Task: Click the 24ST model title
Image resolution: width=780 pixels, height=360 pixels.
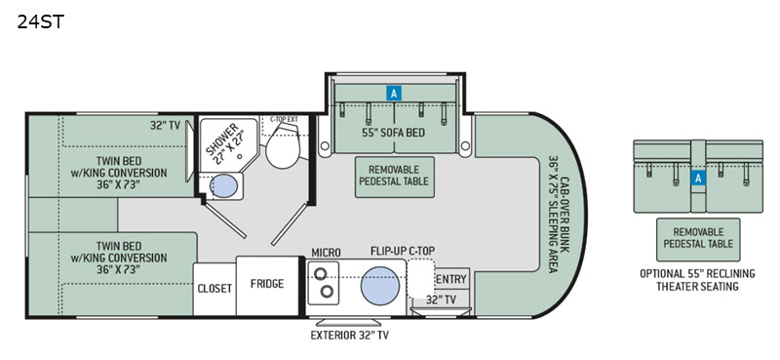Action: [41, 21]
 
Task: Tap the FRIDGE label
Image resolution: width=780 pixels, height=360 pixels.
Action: [267, 284]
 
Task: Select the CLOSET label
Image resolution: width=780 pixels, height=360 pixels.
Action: [214, 289]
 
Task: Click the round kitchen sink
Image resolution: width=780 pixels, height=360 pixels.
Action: [380, 285]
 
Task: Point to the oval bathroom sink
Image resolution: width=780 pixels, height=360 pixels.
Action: [224, 186]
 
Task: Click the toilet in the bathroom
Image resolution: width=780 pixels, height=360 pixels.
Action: [283, 145]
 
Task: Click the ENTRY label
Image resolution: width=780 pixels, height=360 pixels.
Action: [451, 279]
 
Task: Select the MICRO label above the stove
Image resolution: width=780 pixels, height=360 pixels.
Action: [326, 253]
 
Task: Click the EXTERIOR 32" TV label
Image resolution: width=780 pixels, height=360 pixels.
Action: [350, 335]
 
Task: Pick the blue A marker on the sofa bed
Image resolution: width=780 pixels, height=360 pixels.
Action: [394, 93]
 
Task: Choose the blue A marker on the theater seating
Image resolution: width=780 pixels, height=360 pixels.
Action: [698, 178]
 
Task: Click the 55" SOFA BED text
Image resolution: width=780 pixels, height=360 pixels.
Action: [395, 133]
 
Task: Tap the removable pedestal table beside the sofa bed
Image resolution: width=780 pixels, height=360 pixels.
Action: [395, 177]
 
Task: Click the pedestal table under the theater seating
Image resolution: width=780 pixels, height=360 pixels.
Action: [698, 239]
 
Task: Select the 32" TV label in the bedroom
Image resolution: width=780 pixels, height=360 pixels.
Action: [165, 126]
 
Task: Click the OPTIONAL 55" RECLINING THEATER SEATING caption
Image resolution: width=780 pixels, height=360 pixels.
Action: [697, 280]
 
